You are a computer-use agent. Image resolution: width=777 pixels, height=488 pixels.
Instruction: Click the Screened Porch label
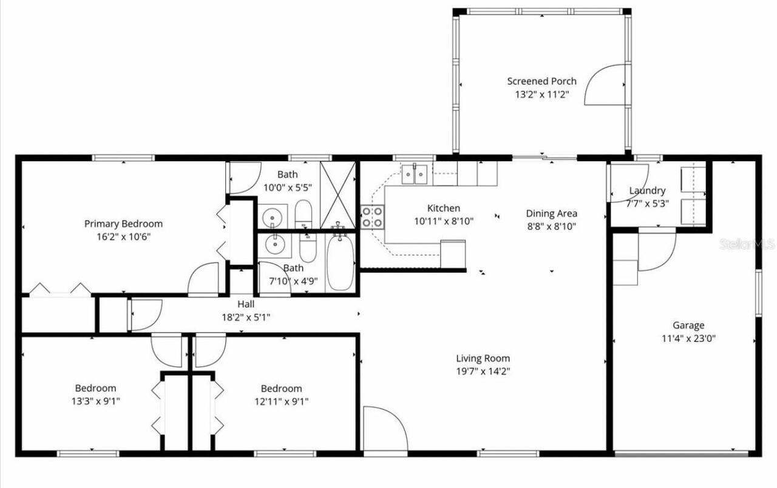point(541,81)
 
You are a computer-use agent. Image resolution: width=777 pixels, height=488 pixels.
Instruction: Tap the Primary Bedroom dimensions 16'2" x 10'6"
point(123,236)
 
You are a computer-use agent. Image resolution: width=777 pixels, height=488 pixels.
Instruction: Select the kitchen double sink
point(416,173)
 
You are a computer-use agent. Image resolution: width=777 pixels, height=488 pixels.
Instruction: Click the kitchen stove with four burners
point(373,216)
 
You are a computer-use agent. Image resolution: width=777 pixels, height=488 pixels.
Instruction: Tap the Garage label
point(688,326)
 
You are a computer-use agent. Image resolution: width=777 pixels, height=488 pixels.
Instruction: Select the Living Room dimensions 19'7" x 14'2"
point(483,371)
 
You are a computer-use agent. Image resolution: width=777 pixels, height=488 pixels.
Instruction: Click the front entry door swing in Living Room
point(384,429)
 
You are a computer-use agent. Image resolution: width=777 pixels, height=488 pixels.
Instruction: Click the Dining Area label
point(551,213)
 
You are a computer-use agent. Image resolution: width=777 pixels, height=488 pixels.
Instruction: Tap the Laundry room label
point(646,190)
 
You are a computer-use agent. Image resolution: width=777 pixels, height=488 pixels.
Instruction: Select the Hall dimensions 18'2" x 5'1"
point(246,316)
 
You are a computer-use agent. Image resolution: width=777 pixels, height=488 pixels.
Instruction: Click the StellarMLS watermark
point(746,244)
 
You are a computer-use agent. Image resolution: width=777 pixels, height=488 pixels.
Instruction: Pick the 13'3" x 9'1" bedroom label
point(95,388)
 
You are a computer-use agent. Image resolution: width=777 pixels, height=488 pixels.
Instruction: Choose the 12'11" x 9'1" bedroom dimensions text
point(281,401)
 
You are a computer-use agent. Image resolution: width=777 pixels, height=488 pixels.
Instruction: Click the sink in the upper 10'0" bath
point(274,216)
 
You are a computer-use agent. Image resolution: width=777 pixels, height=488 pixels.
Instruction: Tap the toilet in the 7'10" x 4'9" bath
point(308,249)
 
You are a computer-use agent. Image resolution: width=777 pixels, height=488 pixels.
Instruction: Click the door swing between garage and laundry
point(657,250)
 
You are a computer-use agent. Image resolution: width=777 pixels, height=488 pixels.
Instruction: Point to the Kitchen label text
point(443,208)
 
